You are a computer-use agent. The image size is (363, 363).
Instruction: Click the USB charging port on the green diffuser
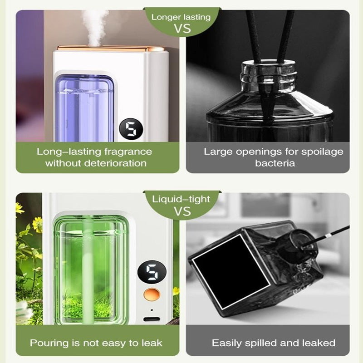[152, 319]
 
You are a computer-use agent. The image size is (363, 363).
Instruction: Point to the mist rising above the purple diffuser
[95, 27]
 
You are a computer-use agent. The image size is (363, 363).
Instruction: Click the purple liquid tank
[84, 108]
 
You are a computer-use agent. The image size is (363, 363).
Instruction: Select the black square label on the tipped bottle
[231, 271]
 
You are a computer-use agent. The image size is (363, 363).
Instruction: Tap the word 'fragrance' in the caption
[128, 152]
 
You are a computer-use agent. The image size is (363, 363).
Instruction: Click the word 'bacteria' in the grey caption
[275, 163]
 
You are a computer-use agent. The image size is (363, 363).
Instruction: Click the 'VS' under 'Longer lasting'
[182, 29]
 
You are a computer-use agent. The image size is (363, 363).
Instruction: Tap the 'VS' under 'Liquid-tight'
[182, 211]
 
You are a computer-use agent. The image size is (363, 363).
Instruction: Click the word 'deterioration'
[115, 163]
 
